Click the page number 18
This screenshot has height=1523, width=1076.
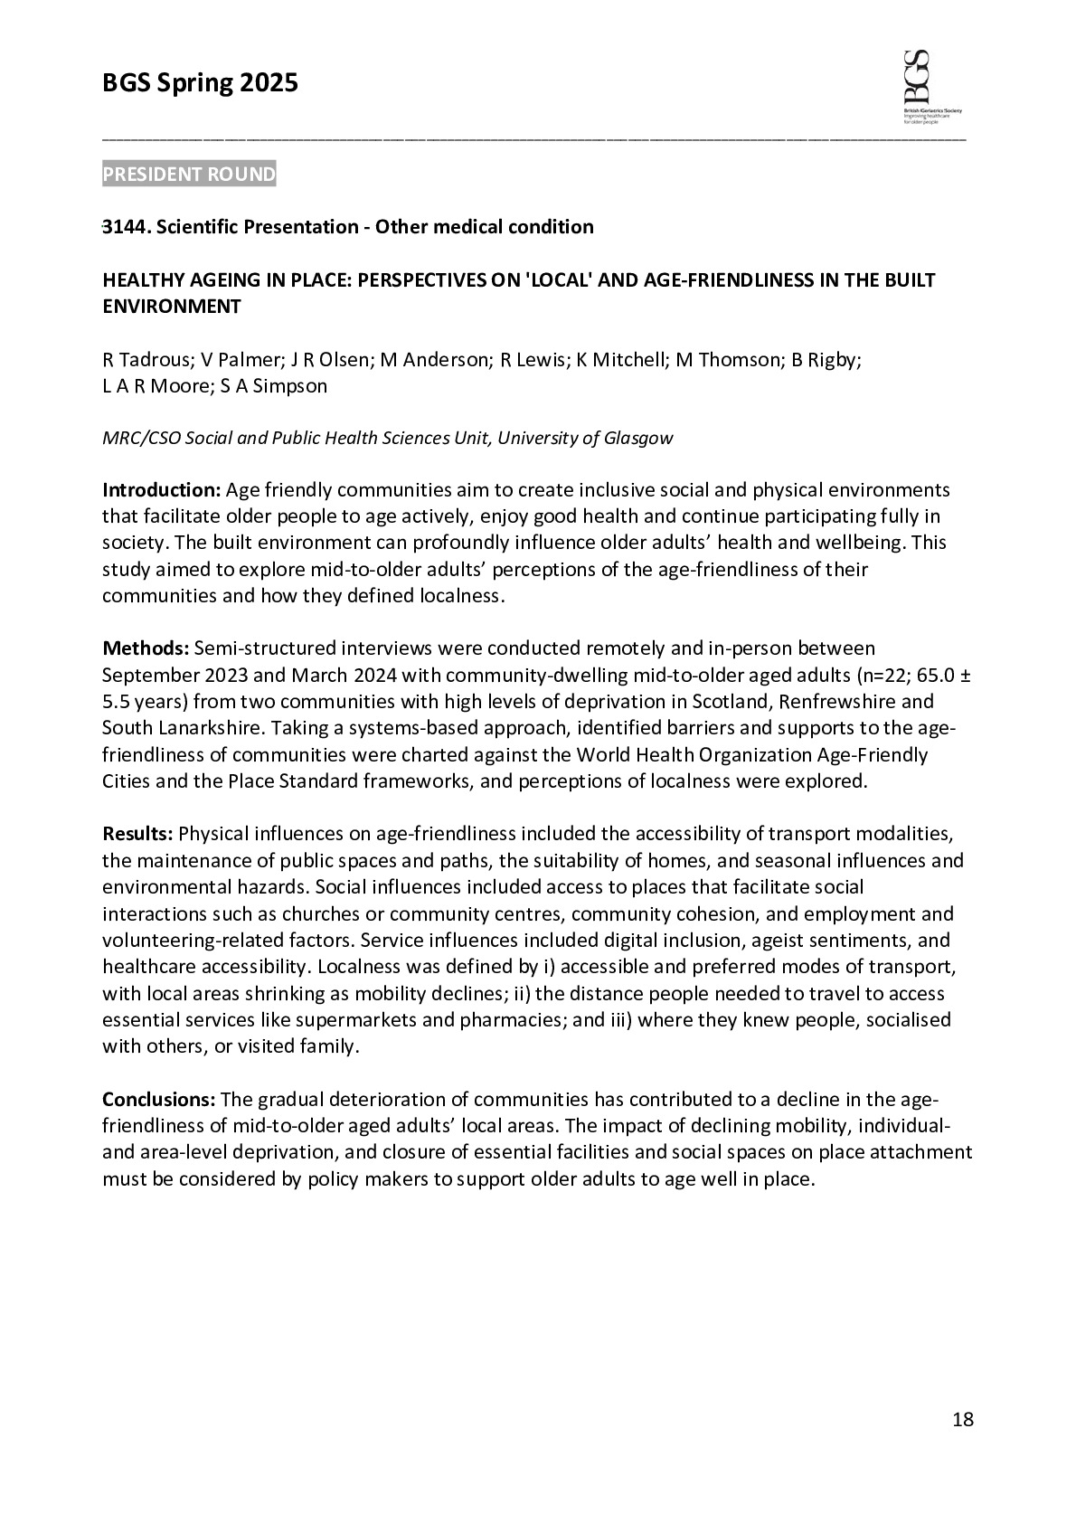point(963,1420)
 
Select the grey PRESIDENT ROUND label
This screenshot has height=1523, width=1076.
point(189,175)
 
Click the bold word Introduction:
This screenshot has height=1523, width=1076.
point(161,490)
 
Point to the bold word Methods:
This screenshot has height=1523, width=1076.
point(146,648)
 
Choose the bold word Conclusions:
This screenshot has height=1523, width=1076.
point(158,1100)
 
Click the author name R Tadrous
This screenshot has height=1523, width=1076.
point(146,360)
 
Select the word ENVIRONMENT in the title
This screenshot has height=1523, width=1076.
point(172,307)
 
